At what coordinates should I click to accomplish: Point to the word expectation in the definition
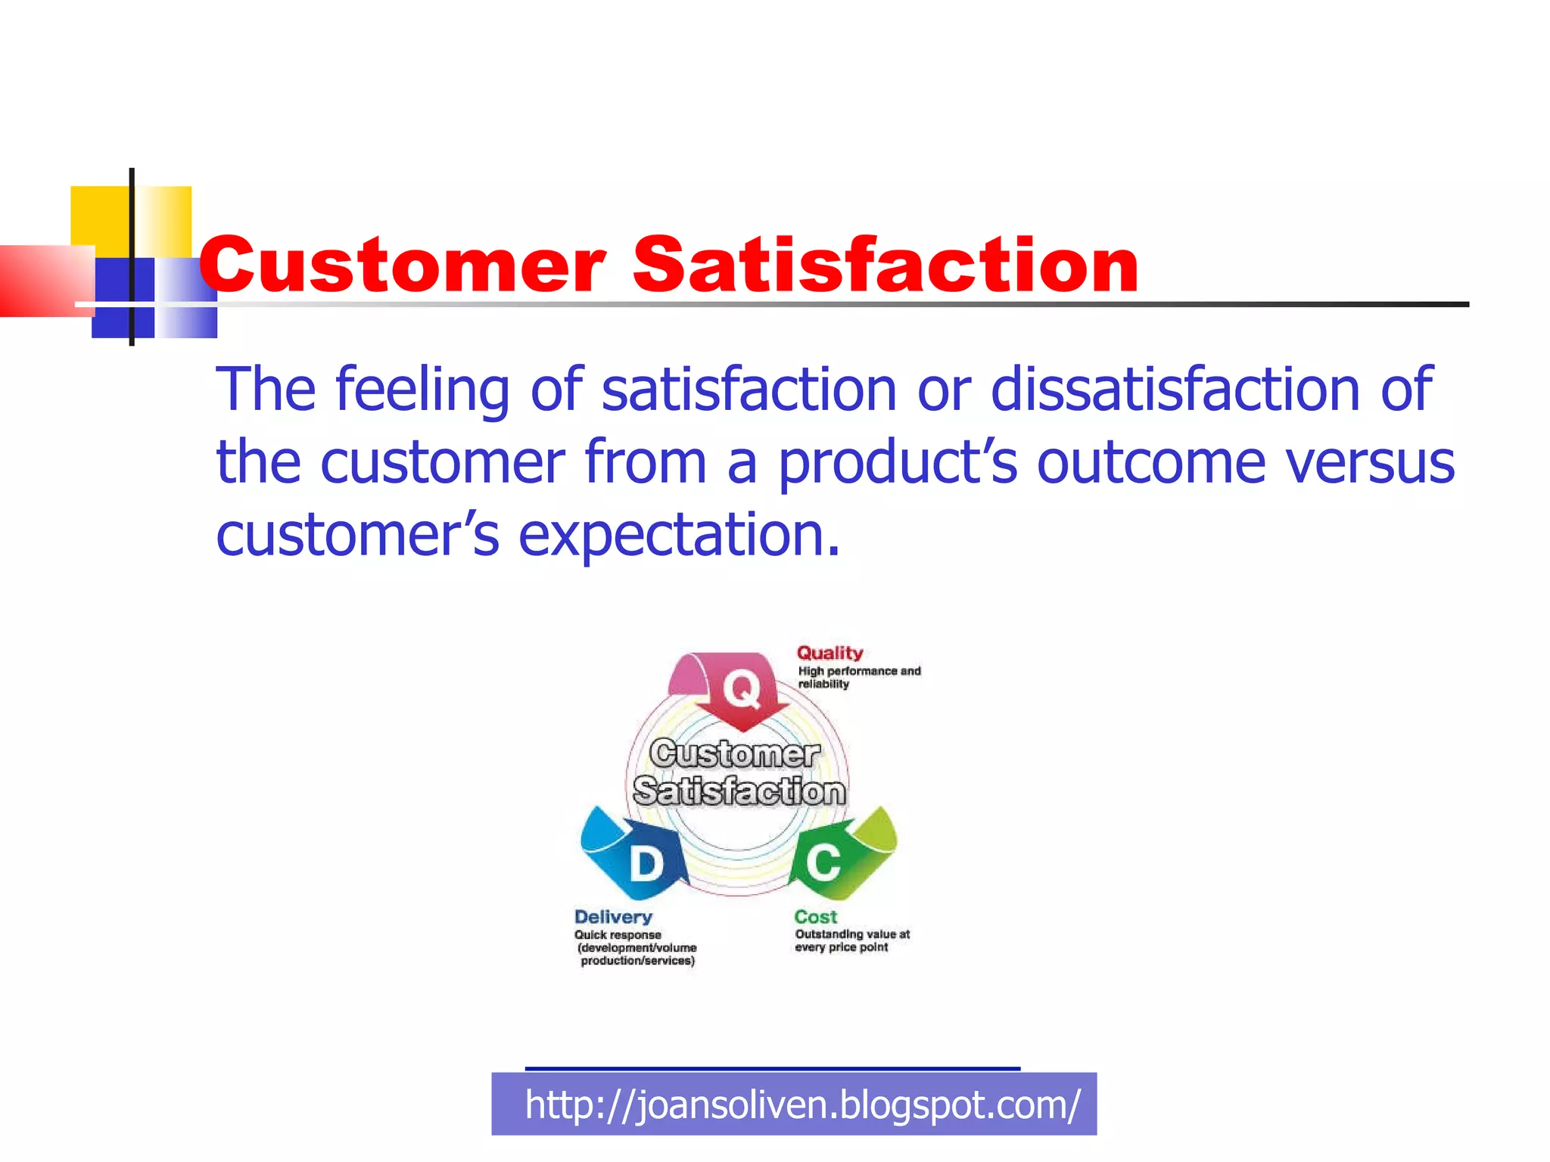tap(679, 536)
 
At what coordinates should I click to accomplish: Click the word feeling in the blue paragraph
tap(422, 390)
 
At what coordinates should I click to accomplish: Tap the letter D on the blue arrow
tap(646, 864)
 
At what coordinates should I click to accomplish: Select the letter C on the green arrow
tap(823, 862)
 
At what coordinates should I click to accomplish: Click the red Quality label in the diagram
tap(829, 653)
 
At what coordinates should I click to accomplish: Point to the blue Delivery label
tap(613, 917)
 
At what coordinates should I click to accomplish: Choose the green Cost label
tap(815, 917)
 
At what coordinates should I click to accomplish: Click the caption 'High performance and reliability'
tap(858, 677)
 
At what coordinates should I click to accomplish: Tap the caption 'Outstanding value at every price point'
tap(851, 941)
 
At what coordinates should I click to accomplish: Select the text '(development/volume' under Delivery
tap(636, 948)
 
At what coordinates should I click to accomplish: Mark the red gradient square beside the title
tap(45, 280)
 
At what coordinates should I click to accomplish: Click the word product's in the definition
tap(897, 462)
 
